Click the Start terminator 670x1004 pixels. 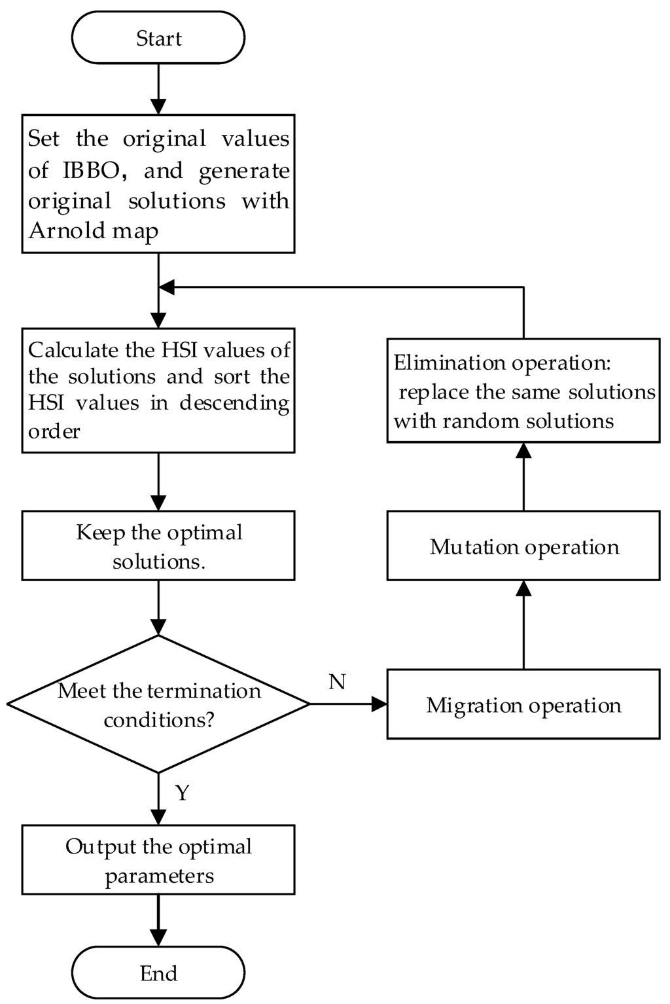158,38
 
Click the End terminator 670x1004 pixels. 158,973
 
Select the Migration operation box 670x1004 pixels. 523,704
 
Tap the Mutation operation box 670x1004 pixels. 523,546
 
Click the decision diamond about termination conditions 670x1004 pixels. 158,704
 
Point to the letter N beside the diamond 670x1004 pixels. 337,682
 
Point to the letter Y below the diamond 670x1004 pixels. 183,793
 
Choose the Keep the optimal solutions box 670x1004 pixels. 158,546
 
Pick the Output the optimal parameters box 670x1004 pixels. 158,860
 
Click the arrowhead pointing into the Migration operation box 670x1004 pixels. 379,704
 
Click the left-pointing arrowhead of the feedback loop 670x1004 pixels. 167,287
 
